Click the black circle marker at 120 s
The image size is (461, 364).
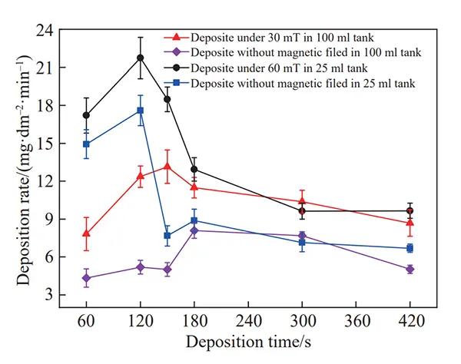coord(141,58)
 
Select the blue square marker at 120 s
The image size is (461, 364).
coord(141,111)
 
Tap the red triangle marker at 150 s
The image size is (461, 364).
coord(167,167)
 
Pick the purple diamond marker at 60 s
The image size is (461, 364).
coord(87,278)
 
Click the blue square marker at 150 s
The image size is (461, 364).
coord(167,236)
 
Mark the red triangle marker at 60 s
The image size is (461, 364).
coord(87,233)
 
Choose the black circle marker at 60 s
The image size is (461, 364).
coord(87,115)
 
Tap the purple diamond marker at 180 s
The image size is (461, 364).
coord(194,230)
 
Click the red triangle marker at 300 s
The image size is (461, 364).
coord(302,200)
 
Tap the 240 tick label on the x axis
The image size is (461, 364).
coord(248,319)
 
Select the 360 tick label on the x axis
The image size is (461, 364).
coord(356,319)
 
